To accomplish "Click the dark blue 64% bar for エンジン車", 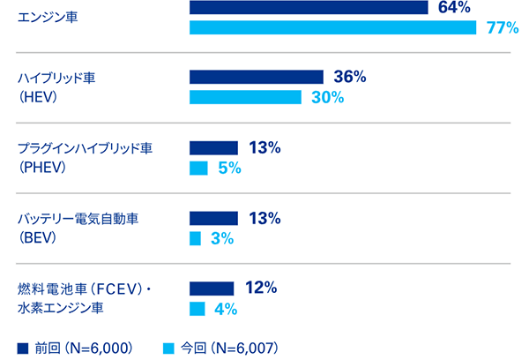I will click(x=309, y=7).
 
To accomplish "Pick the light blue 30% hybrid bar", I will click(x=246, y=97).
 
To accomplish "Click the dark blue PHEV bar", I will click(x=214, y=147).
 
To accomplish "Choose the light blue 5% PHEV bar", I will click(x=198, y=168).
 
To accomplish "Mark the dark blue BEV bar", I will click(x=214, y=218).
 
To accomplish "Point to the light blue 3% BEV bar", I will click(x=196, y=238).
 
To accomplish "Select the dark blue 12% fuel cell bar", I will click(x=212, y=289).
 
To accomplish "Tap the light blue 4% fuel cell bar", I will click(x=197, y=309).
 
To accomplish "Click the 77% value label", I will click(x=502, y=27).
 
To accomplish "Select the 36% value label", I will click(x=350, y=77).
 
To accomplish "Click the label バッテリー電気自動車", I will click(x=78, y=219).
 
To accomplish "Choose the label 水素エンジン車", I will click(x=61, y=308).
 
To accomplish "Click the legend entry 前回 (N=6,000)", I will click(x=75, y=347).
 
